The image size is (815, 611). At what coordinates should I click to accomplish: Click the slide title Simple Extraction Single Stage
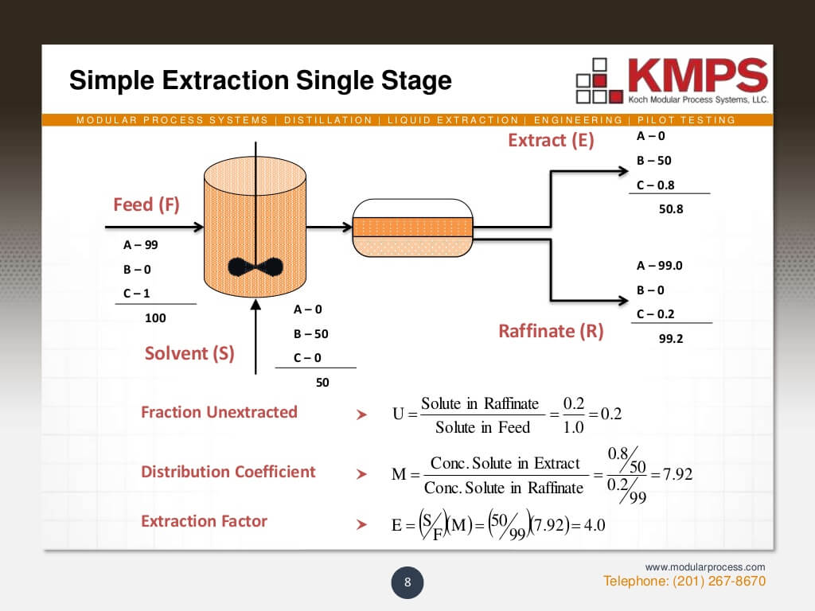pyautogui.click(x=260, y=80)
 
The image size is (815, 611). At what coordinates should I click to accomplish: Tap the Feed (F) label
pyautogui.click(x=146, y=204)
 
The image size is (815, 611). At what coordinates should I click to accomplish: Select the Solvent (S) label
pyautogui.click(x=189, y=353)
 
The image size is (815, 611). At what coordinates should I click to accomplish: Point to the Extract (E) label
pyautogui.click(x=551, y=141)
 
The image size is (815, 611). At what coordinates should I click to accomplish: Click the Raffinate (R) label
pyautogui.click(x=551, y=331)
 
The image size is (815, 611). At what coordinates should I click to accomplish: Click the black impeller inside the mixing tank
pyautogui.click(x=255, y=267)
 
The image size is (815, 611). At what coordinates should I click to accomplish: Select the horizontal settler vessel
pyautogui.click(x=412, y=228)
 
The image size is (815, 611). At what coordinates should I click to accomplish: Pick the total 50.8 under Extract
pyautogui.click(x=671, y=210)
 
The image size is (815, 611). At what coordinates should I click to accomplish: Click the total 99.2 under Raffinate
pyautogui.click(x=671, y=338)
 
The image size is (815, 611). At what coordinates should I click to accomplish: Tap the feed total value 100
pyautogui.click(x=155, y=318)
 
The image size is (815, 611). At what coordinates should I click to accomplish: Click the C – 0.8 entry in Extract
pyautogui.click(x=655, y=185)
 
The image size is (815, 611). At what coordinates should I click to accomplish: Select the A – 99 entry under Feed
pyautogui.click(x=141, y=245)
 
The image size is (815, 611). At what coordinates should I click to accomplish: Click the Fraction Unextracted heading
pyautogui.click(x=219, y=412)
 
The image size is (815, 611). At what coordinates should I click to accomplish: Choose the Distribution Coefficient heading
pyautogui.click(x=228, y=472)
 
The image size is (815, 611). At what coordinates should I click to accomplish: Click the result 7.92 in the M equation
pyautogui.click(x=677, y=475)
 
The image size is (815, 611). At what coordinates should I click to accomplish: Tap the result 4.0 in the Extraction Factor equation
pyautogui.click(x=590, y=526)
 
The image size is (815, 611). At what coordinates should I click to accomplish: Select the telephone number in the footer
pyautogui.click(x=684, y=582)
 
